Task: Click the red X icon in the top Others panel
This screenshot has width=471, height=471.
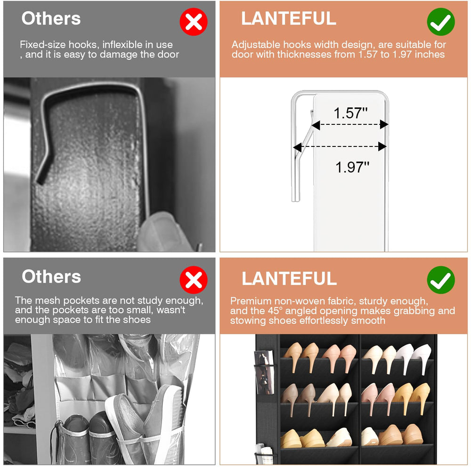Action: pyautogui.click(x=194, y=22)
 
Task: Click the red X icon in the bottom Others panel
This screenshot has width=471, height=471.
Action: pyautogui.click(x=194, y=280)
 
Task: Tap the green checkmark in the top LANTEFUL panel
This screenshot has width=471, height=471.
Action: pyautogui.click(x=441, y=22)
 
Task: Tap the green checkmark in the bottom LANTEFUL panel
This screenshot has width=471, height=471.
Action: pyautogui.click(x=441, y=280)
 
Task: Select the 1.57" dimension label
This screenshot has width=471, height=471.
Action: pyautogui.click(x=350, y=113)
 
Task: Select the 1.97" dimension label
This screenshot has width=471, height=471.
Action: pyautogui.click(x=352, y=167)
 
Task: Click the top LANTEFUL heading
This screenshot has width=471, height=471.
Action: pyautogui.click(x=289, y=18)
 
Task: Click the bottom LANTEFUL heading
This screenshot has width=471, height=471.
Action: pyautogui.click(x=289, y=278)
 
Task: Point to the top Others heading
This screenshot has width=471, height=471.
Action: pyautogui.click(x=51, y=18)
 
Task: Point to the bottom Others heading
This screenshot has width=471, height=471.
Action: pyautogui.click(x=51, y=276)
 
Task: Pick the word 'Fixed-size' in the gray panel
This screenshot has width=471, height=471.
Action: pyautogui.click(x=43, y=45)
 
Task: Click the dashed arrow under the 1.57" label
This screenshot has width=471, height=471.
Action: pyautogui.click(x=349, y=124)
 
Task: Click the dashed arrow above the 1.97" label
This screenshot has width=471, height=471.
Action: pyautogui.click(x=340, y=147)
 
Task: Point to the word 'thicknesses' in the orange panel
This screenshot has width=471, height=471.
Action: pyautogui.click(x=304, y=54)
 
